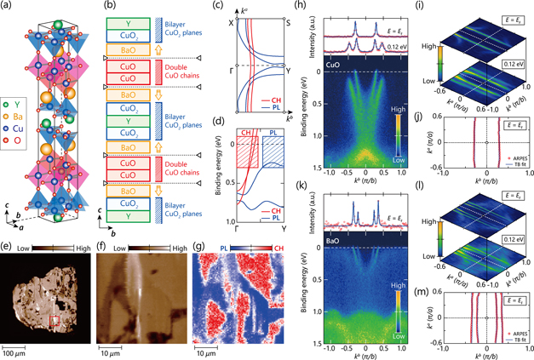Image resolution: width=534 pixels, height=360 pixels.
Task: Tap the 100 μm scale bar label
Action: pos(20,352)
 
